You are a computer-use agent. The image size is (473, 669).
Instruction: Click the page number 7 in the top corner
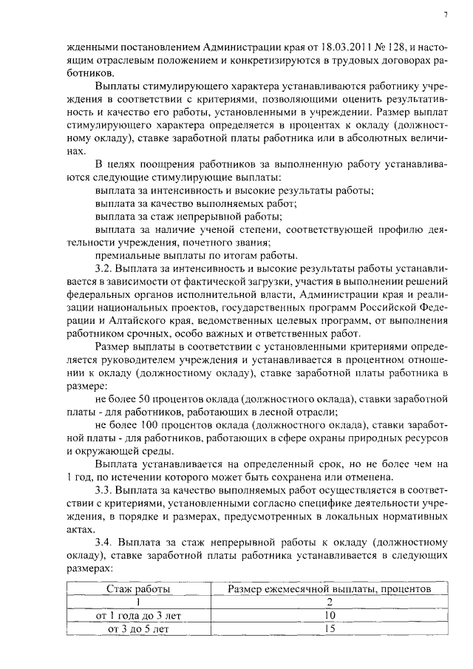click(446, 14)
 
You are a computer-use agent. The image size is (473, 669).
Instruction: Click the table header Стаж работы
click(138, 589)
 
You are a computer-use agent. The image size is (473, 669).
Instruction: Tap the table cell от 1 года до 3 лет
click(138, 616)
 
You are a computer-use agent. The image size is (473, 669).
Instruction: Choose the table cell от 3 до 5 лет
click(138, 629)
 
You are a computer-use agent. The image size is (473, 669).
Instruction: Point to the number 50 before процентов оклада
click(146, 399)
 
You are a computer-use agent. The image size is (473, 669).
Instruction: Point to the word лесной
click(277, 412)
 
